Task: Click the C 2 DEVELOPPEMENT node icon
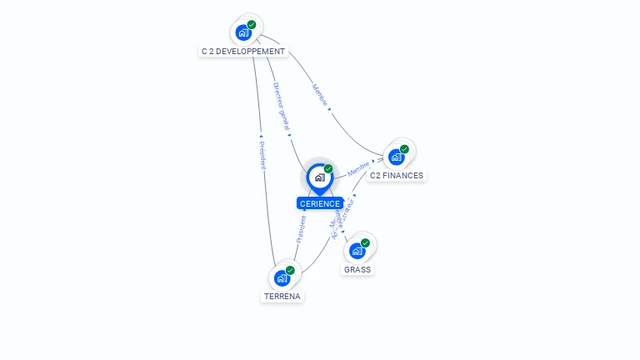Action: click(x=243, y=32)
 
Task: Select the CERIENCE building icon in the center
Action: click(x=319, y=177)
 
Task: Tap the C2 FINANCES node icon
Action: click(x=397, y=157)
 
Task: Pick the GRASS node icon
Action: click(x=357, y=251)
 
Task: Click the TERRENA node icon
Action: click(x=282, y=277)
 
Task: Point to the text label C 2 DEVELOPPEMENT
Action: click(x=243, y=52)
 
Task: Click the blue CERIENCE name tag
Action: click(x=319, y=203)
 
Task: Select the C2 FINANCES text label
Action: click(x=397, y=176)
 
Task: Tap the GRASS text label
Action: click(x=357, y=270)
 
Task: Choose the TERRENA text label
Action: click(x=282, y=297)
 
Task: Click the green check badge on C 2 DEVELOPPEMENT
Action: click(x=252, y=24)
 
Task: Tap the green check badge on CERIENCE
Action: click(x=328, y=168)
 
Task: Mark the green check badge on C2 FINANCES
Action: click(x=405, y=149)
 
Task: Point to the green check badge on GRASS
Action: click(x=366, y=242)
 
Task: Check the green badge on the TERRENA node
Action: click(x=290, y=269)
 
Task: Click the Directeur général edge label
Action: click(x=281, y=106)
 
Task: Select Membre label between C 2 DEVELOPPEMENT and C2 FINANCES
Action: click(x=320, y=94)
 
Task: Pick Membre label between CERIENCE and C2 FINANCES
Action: click(x=358, y=168)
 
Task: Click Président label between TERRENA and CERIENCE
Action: click(x=302, y=228)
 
